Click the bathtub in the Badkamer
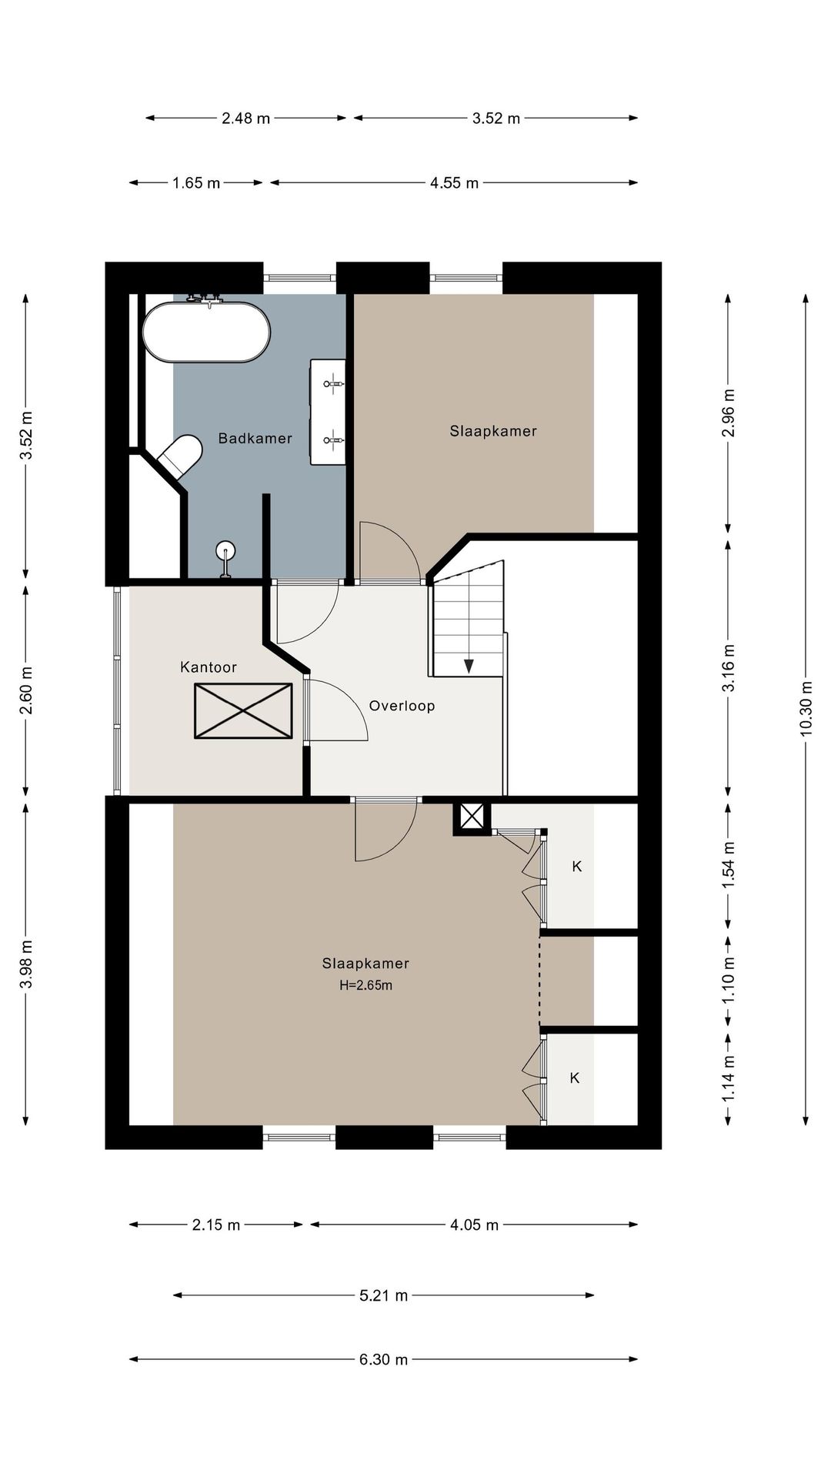tap(206, 332)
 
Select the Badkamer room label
tap(255, 439)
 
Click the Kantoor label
tap(208, 667)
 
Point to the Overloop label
tap(402, 706)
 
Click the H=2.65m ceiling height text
tap(365, 985)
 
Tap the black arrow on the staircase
tap(468, 666)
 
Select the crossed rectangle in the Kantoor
tap(243, 711)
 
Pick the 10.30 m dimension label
tap(806, 708)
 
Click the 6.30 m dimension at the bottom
tap(383, 1359)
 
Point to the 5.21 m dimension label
tap(383, 1295)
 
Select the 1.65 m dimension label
tap(195, 183)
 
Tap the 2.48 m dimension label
tap(245, 119)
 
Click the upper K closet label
tap(577, 867)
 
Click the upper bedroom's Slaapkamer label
tap(493, 431)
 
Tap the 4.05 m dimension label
tap(474, 1225)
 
